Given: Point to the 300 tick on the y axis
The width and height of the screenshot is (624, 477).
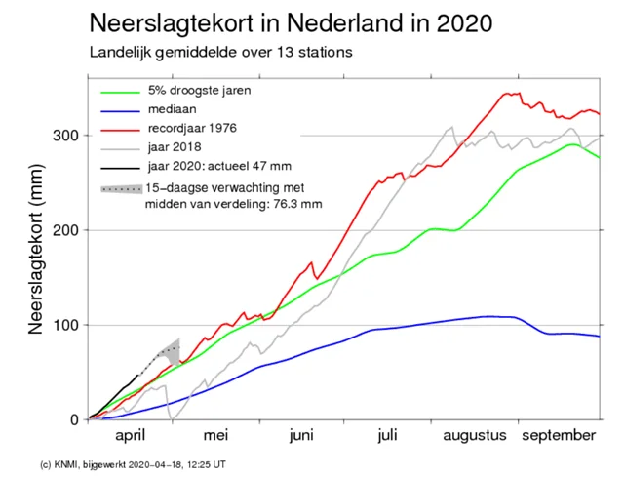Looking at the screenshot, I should pos(68,136).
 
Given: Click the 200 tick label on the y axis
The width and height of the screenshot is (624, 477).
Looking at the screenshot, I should pos(68,230).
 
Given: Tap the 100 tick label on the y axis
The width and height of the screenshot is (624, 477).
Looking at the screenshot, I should pos(68,325).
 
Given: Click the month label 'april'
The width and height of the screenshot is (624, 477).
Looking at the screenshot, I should pos(132,436).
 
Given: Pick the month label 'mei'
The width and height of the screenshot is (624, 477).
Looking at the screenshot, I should pos(215,436).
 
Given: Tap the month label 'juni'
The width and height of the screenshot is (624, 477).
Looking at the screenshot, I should pos(303,436).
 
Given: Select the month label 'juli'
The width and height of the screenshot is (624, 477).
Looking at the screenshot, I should pos(388,436).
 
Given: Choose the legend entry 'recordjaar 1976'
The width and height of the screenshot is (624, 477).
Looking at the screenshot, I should pos(192,129).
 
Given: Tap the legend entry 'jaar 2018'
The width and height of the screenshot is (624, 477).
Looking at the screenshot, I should pos(174,147).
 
